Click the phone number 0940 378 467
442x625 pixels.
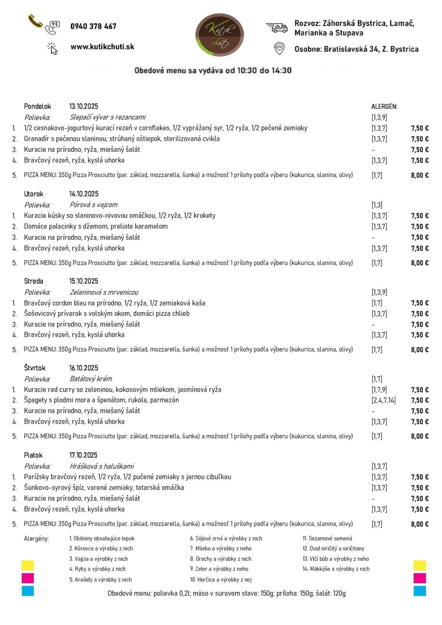93,26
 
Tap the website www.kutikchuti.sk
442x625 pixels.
102,47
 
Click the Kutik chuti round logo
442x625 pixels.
220,35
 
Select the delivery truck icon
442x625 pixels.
277,28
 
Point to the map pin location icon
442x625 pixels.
279,48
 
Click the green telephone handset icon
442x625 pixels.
35,21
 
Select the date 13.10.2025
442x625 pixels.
83,106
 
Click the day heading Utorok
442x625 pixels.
33,194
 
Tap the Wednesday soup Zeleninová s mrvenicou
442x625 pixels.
104,292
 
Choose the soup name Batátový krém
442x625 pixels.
91,379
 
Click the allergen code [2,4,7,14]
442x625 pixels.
383,400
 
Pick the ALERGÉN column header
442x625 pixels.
384,107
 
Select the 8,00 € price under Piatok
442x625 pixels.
420,524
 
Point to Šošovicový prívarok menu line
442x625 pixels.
107,313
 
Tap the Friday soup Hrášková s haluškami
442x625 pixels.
102,466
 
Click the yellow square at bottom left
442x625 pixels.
28,565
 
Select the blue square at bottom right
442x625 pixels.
420,591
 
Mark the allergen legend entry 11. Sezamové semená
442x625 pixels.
327,538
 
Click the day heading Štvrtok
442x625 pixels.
35,368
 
